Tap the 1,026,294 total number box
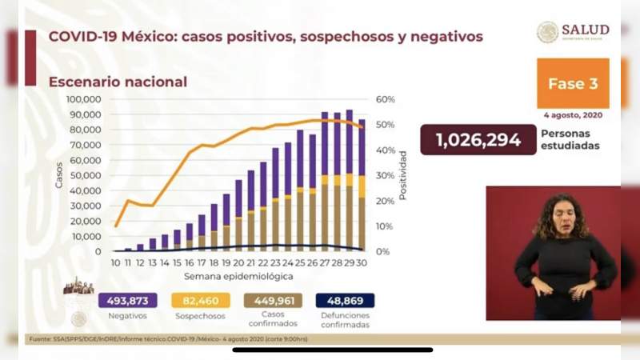click(478, 140)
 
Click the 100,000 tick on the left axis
click(82, 99)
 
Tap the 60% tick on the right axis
click(386, 99)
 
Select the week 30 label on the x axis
click(362, 262)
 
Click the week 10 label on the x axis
click(115, 262)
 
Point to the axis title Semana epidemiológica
click(238, 275)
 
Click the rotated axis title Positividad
click(404, 175)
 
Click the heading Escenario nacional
click(118, 82)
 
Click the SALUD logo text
click(585, 30)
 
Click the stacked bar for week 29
click(349, 180)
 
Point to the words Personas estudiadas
click(570, 141)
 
